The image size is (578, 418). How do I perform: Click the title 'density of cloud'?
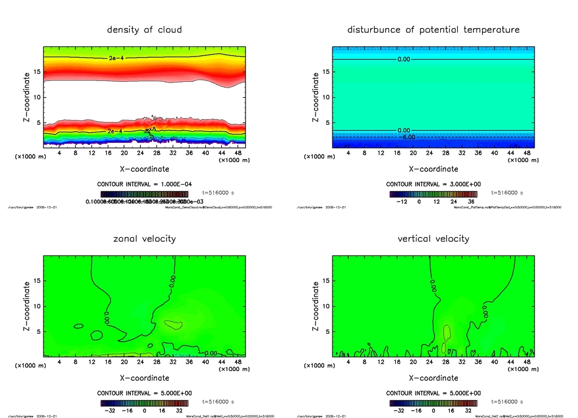coord(144,29)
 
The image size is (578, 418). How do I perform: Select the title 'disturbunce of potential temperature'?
coord(433,29)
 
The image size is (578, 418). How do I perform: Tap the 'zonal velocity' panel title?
coord(144,238)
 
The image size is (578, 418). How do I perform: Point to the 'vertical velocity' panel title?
coord(433,238)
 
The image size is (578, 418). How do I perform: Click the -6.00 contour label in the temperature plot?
coord(408,137)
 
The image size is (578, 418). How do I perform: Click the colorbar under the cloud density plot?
coord(144,194)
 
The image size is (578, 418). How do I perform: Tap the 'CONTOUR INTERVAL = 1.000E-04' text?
coord(144,185)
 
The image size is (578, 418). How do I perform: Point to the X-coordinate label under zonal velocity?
coord(144,378)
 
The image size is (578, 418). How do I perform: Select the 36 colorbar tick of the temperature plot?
coord(470,201)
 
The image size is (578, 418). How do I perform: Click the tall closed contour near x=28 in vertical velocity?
coord(446,332)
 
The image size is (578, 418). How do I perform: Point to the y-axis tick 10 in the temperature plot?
coord(325,97)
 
